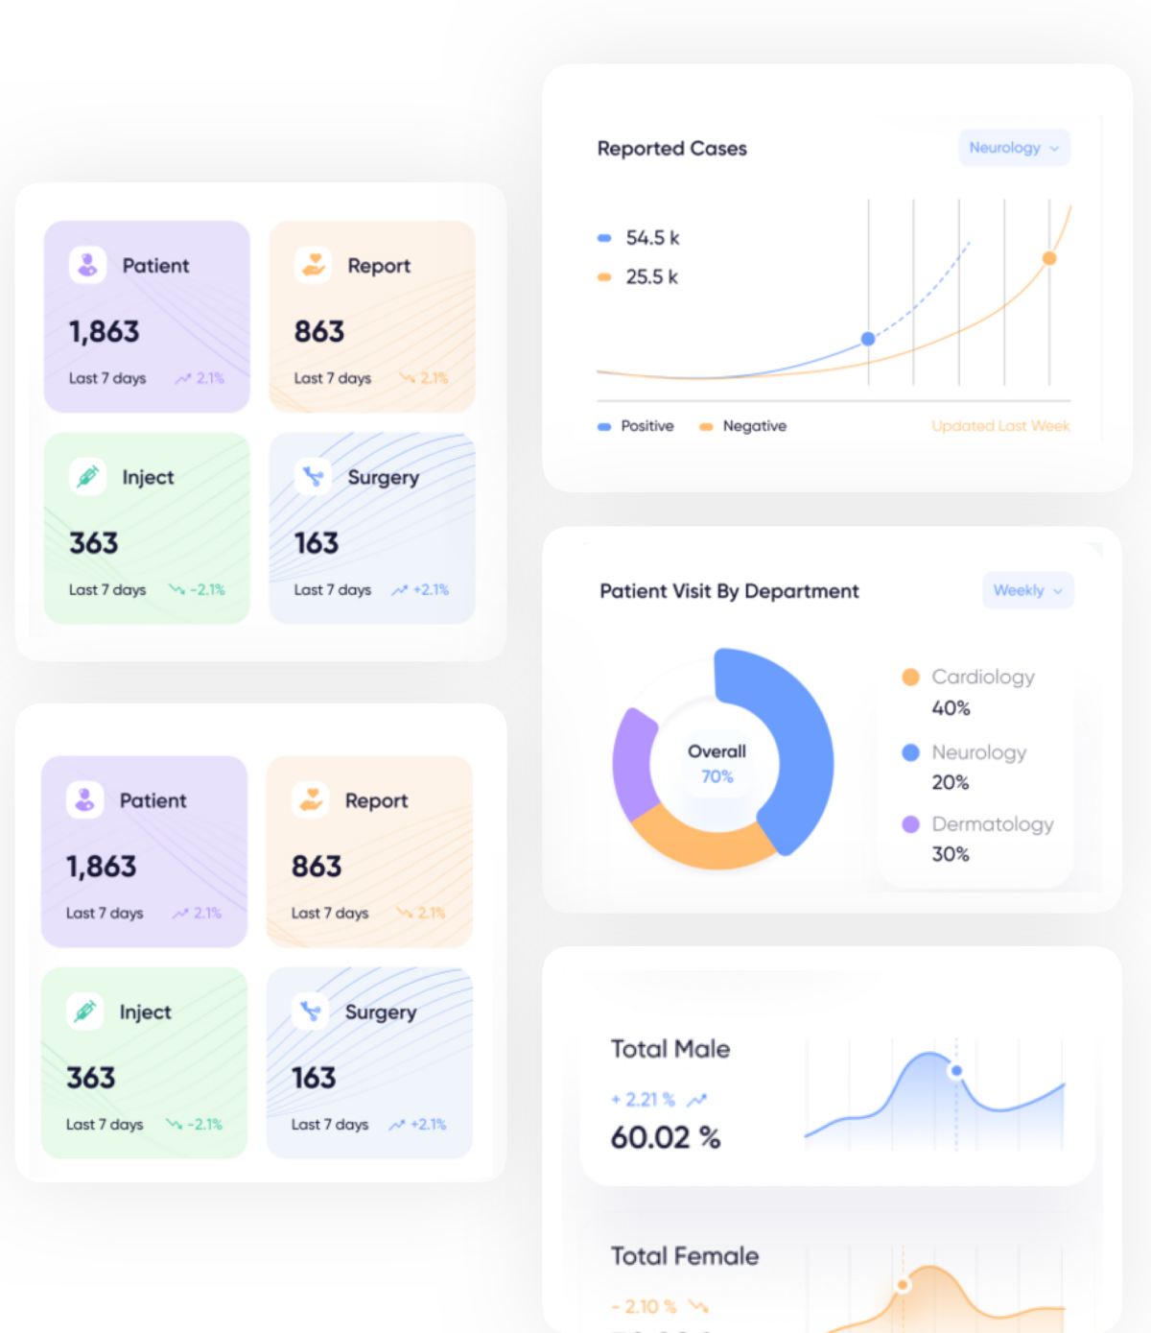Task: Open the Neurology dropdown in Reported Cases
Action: (x=1014, y=148)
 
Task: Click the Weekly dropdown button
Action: (x=1027, y=590)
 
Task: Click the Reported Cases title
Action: (x=671, y=149)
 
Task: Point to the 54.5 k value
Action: (x=652, y=238)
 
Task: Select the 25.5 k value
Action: (x=651, y=277)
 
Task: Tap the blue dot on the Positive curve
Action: (x=868, y=339)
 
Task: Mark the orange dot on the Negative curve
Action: (x=1049, y=258)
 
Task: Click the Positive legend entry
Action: (x=646, y=426)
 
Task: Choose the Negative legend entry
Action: (x=754, y=426)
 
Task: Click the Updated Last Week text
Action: (x=1000, y=426)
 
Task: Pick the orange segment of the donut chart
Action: (x=700, y=840)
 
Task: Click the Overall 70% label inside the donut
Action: (x=716, y=764)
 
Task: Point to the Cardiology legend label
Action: (x=982, y=678)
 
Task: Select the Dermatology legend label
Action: (x=992, y=824)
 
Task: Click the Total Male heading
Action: (x=670, y=1049)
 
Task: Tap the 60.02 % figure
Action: (x=666, y=1138)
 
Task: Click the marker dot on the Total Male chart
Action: (x=956, y=1071)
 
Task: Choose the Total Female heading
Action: (x=685, y=1256)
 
